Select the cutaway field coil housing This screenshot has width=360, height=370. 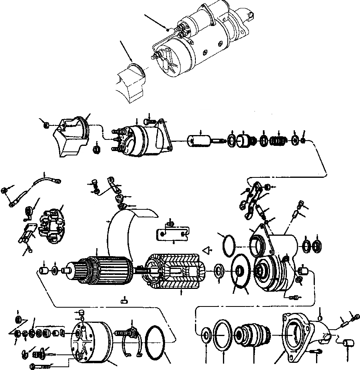(176, 271)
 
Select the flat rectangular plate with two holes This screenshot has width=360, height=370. (171, 233)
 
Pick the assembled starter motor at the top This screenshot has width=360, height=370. (200, 44)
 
